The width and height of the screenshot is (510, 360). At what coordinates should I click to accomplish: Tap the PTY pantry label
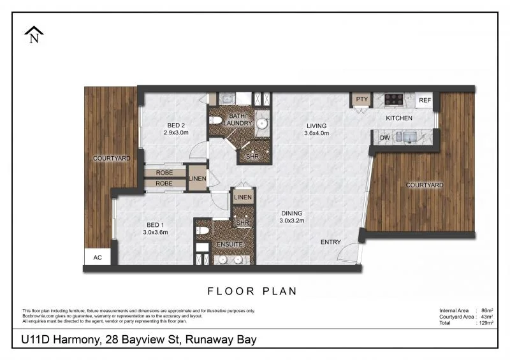[x=362, y=99]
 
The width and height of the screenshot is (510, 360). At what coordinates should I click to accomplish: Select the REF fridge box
[x=425, y=100]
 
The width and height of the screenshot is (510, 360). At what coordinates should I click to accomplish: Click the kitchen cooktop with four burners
[x=393, y=99]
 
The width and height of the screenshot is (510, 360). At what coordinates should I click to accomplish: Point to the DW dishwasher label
[x=384, y=137]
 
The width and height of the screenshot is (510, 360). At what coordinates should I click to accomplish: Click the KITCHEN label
[x=399, y=119]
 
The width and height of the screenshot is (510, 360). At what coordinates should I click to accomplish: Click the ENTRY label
[x=331, y=242]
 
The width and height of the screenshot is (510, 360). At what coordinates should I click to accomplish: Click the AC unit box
[x=98, y=257]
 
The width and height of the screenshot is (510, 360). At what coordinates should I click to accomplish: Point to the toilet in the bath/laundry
[x=217, y=120]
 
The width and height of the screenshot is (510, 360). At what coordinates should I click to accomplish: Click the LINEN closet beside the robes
[x=197, y=179]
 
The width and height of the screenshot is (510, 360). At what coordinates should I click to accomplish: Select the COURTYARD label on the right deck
[x=425, y=185]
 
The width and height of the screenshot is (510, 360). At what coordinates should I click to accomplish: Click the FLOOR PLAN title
[x=253, y=291]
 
